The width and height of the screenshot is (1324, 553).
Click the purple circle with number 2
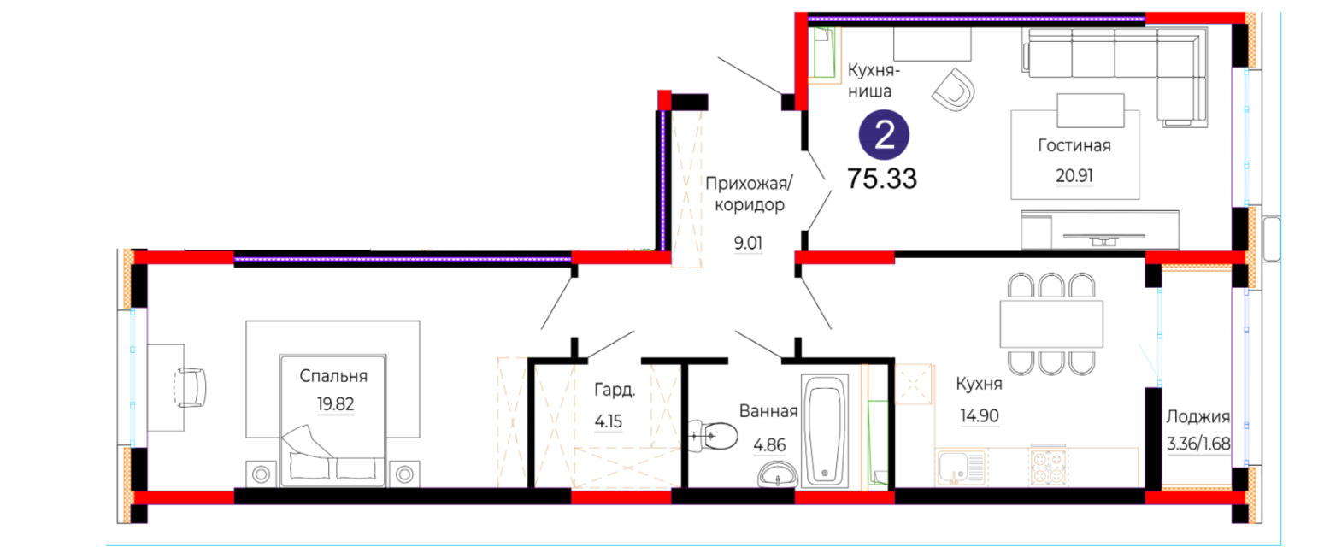click(x=884, y=135)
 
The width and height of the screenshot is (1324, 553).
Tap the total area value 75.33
click(x=882, y=179)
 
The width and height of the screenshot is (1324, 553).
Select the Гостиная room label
click(x=1074, y=145)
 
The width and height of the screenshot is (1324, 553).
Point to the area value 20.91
click(x=1074, y=175)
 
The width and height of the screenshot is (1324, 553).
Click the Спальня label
click(x=333, y=376)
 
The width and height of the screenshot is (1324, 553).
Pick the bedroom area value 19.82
click(x=335, y=404)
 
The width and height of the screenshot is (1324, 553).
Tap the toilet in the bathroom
click(x=714, y=436)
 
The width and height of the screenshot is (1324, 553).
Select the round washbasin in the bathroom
click(x=778, y=474)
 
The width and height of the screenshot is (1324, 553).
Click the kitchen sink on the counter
click(x=961, y=468)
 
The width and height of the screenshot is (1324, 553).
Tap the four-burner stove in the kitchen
click(x=1048, y=468)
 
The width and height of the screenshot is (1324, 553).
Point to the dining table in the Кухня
click(x=1051, y=324)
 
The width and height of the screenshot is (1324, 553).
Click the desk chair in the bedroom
click(x=191, y=387)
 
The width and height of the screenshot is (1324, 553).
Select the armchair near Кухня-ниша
click(x=953, y=90)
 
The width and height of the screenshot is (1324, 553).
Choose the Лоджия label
click(x=1197, y=417)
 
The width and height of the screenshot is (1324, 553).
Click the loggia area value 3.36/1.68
click(x=1198, y=444)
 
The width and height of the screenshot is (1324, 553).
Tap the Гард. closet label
click(x=615, y=390)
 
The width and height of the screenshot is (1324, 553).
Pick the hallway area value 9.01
click(x=748, y=243)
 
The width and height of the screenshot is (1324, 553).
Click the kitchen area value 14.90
click(x=980, y=415)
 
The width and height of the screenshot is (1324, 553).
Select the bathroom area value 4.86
click(x=769, y=445)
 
